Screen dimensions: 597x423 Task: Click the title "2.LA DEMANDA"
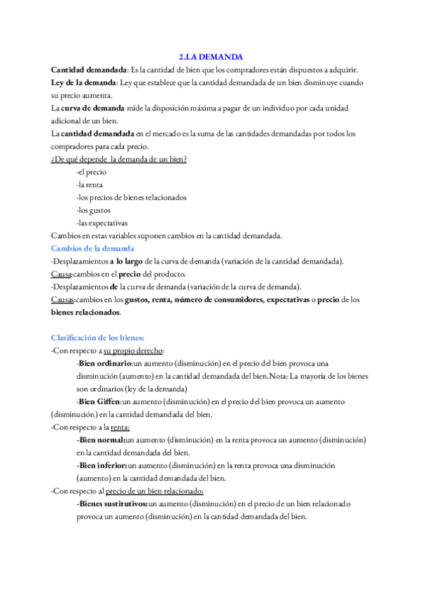click(211, 56)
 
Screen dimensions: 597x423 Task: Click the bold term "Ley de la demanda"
click(84, 82)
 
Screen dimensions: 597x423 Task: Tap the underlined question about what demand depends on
click(118, 159)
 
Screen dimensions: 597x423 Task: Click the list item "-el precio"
click(91, 172)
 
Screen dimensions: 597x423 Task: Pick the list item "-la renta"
click(91, 184)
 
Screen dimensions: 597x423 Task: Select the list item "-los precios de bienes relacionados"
click(131, 197)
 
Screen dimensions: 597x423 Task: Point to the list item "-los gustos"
click(93, 210)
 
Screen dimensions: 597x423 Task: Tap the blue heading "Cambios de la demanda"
click(93, 248)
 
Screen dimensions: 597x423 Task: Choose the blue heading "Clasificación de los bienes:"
click(97, 337)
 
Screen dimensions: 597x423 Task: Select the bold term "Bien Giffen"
click(100, 401)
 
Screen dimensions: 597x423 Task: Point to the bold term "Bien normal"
click(100, 439)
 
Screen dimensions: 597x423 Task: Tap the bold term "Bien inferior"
click(102, 465)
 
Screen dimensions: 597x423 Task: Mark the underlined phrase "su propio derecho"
click(133, 351)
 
